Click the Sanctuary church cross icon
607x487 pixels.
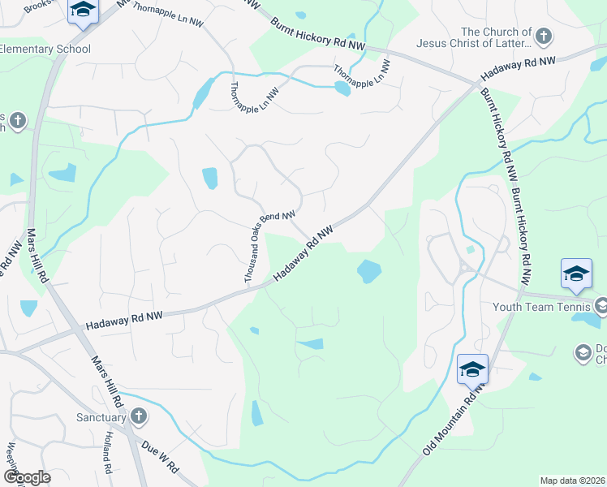pyautogui.click(x=139, y=417)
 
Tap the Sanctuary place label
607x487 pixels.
pyautogui.click(x=101, y=418)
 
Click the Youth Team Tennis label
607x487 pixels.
pyautogui.click(x=541, y=307)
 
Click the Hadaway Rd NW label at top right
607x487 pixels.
pyautogui.click(x=518, y=69)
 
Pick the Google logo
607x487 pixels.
pyautogui.click(x=27, y=477)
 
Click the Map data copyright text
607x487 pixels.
pyautogui.click(x=573, y=481)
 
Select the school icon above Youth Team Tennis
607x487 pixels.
pyautogui.click(x=576, y=274)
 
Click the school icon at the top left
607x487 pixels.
pyautogui.click(x=82, y=11)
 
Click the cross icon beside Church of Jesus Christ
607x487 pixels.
pyautogui.click(x=544, y=37)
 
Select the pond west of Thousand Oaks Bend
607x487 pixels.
pyautogui.click(x=209, y=177)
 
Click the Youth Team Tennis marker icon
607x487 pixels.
pyautogui.click(x=601, y=306)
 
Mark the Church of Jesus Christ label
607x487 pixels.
pyautogui.click(x=474, y=37)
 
